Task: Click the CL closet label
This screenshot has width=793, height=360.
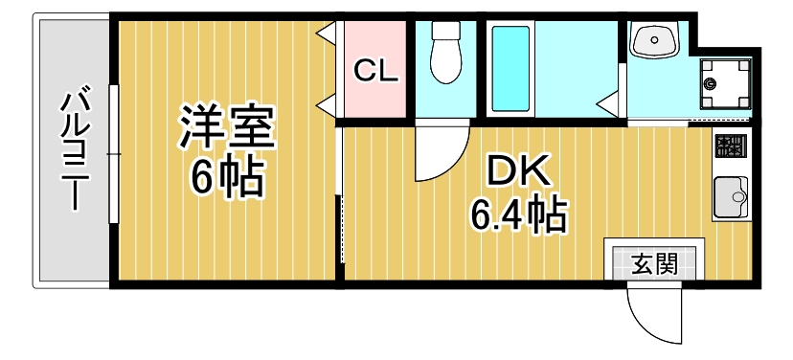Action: tap(375, 71)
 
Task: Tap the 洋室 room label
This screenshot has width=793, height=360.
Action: tap(227, 127)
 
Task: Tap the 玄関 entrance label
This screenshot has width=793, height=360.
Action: tap(654, 262)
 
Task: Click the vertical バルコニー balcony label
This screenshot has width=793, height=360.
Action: tap(75, 148)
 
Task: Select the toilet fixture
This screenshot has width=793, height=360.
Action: tap(444, 55)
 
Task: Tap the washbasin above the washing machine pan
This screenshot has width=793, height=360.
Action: tap(656, 40)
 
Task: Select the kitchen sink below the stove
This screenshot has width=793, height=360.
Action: tap(730, 199)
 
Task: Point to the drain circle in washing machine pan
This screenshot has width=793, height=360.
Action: tap(711, 83)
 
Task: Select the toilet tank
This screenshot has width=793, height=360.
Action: tap(444, 31)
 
